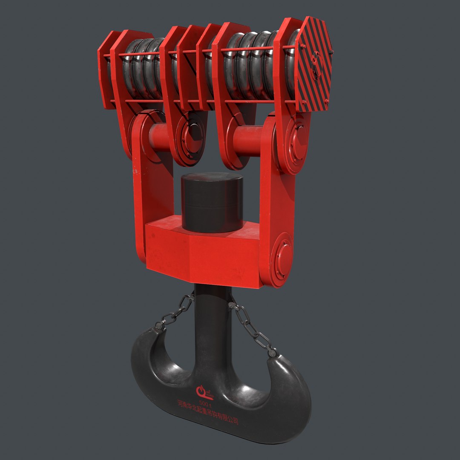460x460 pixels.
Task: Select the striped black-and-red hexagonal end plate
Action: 313,64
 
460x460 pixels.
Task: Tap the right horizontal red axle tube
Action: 249,140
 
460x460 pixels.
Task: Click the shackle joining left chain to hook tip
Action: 160,325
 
